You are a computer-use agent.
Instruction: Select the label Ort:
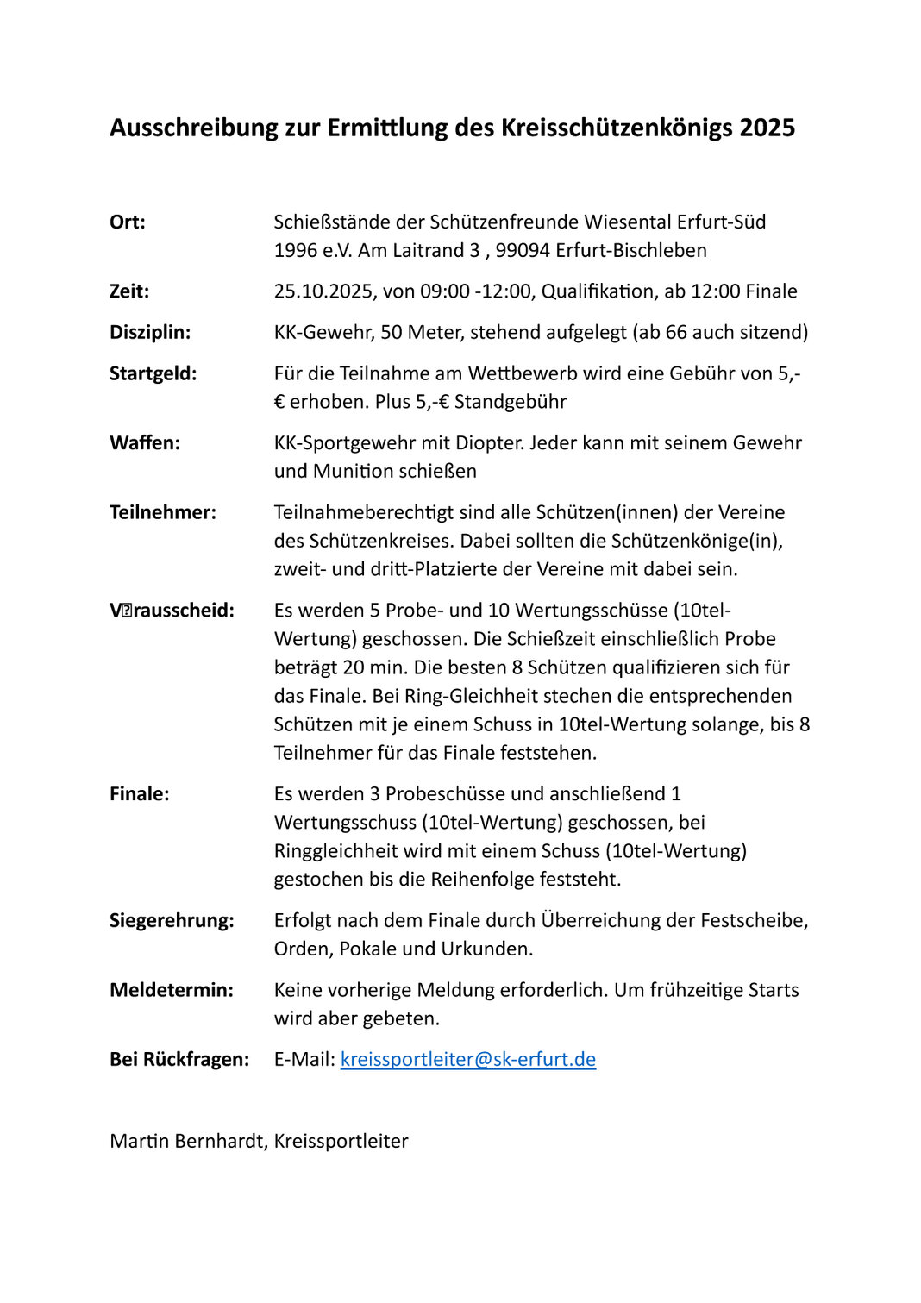[x=128, y=222]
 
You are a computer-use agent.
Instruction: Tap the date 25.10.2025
[x=323, y=291]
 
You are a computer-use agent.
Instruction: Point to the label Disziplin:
[x=150, y=332]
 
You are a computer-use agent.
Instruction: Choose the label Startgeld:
[x=153, y=373]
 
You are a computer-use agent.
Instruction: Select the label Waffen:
[x=145, y=443]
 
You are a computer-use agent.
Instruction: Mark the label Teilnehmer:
[x=163, y=512]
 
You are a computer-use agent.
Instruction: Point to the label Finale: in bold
[x=140, y=793]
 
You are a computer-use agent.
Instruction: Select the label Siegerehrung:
[x=172, y=920]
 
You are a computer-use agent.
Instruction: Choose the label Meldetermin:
[x=172, y=990]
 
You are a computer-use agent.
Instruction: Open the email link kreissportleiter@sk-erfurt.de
[x=468, y=1059]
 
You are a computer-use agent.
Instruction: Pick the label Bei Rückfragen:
[x=179, y=1059]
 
